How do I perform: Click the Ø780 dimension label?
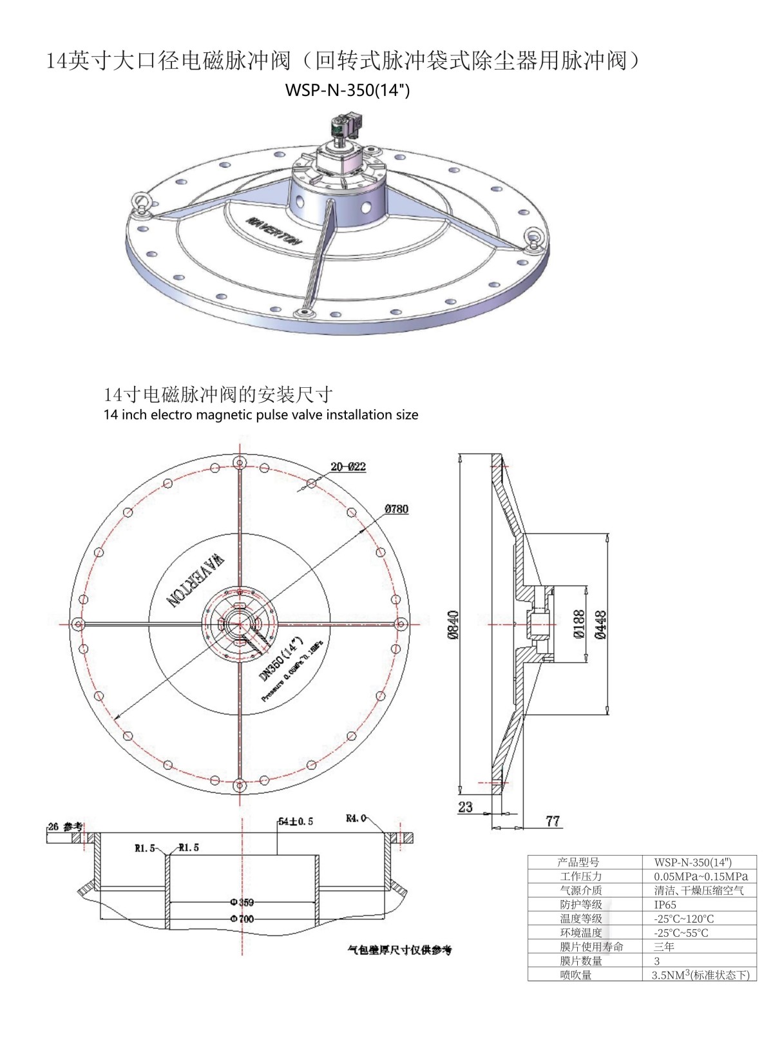tap(396, 509)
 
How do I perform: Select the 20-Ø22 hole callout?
tap(348, 466)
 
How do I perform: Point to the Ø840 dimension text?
tap(453, 625)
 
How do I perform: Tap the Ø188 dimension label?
tap(578, 624)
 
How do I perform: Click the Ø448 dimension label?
tap(600, 624)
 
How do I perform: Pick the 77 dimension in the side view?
tap(553, 821)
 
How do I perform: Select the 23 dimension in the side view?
tap(465, 807)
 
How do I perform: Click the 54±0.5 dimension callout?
tap(296, 821)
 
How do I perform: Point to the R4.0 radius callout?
tap(356, 818)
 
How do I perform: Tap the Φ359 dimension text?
tap(242, 902)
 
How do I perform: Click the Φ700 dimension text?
tap(242, 919)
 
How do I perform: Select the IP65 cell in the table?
tap(665, 905)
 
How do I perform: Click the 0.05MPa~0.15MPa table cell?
tap(701, 876)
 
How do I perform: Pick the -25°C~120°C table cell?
tap(683, 919)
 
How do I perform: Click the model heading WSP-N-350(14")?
tap(347, 90)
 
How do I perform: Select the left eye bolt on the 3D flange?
tap(140, 202)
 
